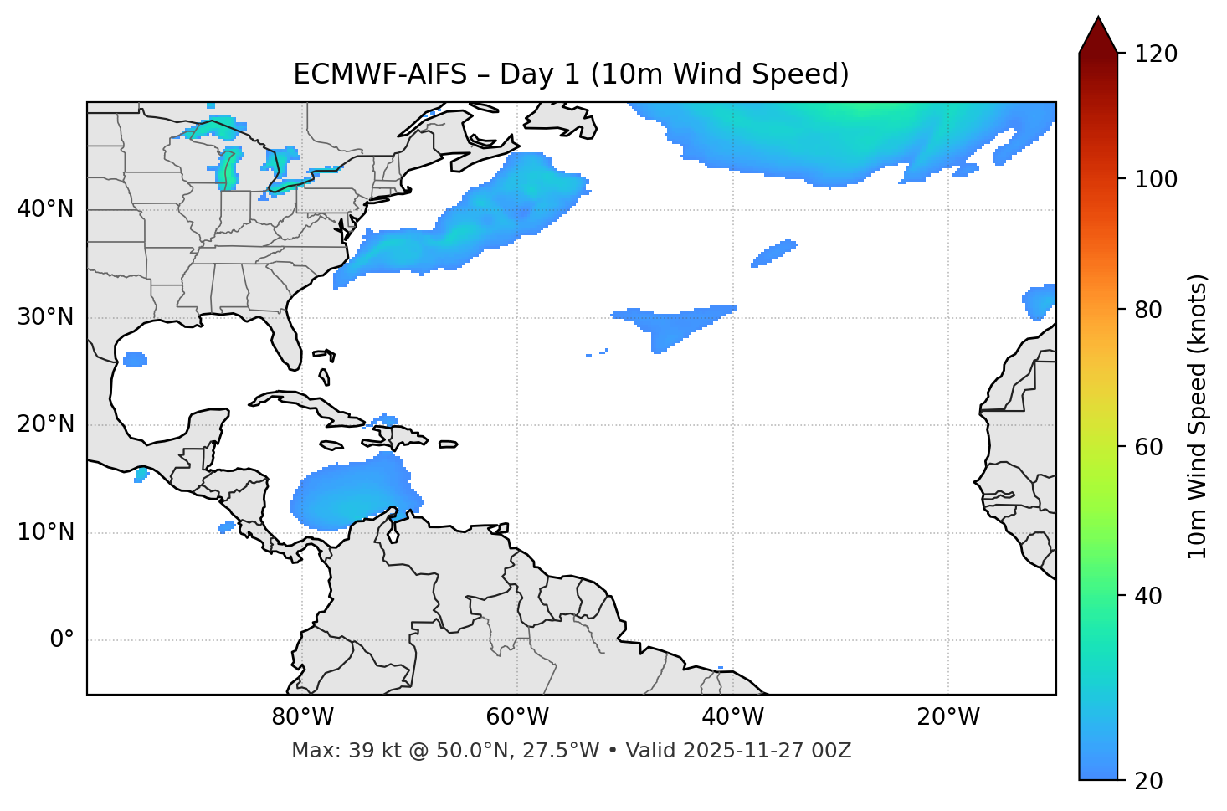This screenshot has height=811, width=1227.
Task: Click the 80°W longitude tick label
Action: pyautogui.click(x=302, y=717)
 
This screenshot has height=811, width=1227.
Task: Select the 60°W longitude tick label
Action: pyautogui.click(x=517, y=717)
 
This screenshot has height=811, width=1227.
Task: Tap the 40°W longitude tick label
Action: pyautogui.click(x=732, y=717)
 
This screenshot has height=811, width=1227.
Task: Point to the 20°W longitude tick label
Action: pyautogui.click(x=947, y=717)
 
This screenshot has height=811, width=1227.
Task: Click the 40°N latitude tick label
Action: pyautogui.click(x=45, y=209)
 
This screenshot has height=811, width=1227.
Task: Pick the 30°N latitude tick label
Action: pyautogui.click(x=45, y=317)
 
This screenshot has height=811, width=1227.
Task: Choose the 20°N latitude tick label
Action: pyautogui.click(x=45, y=424)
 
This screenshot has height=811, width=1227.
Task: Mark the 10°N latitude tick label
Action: pyautogui.click(x=45, y=532)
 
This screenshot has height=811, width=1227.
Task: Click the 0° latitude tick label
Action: pyautogui.click(x=62, y=640)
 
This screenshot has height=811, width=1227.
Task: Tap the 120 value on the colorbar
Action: pyautogui.click(x=1155, y=54)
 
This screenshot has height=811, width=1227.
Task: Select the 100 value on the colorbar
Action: pyautogui.click(x=1155, y=179)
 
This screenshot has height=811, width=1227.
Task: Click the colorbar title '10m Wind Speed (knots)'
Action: pyautogui.click(x=1198, y=416)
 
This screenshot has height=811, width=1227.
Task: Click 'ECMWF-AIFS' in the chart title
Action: pyautogui.click(x=379, y=74)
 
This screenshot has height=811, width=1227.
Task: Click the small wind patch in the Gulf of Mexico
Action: pyautogui.click(x=135, y=360)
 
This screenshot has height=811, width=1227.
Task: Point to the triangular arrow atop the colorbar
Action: pyautogui.click(x=1098, y=35)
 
